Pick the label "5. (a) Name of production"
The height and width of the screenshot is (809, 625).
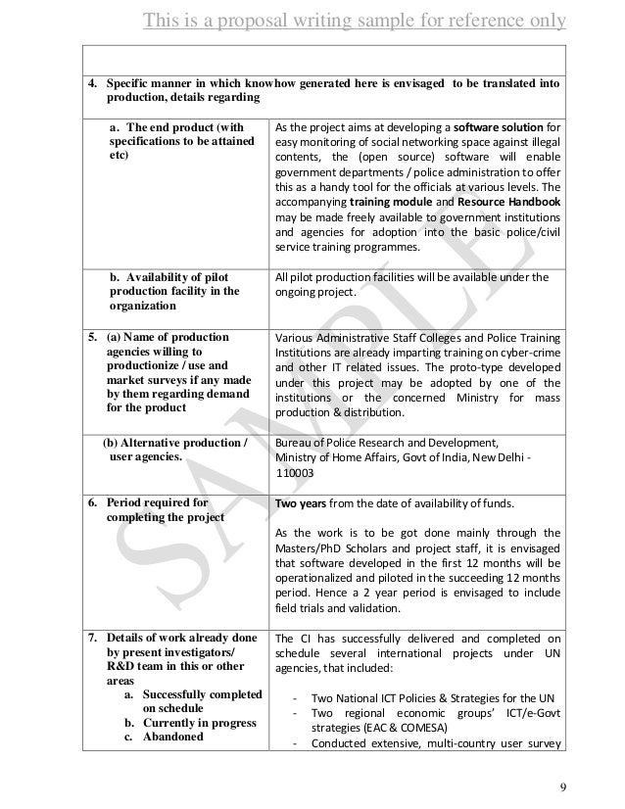click(x=157, y=338)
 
